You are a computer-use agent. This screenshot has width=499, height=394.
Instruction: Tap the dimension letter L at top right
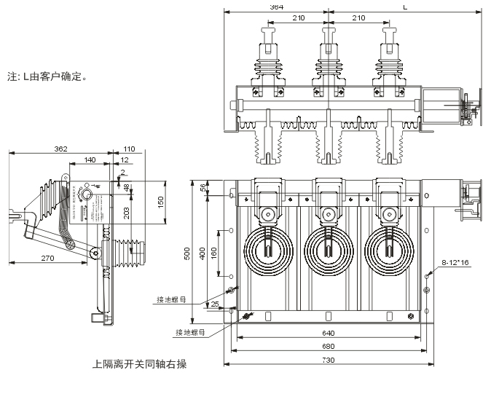click(x=406, y=7)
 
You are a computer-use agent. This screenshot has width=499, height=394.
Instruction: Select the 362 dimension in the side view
click(x=60, y=149)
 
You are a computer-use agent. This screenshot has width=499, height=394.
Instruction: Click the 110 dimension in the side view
click(x=130, y=149)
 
